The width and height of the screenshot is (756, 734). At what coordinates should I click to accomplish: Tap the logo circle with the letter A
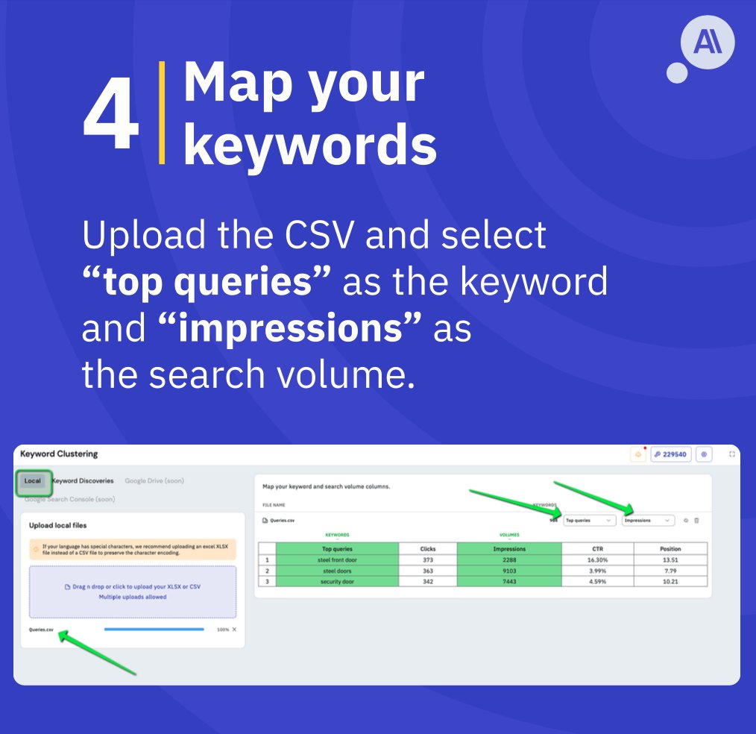tap(708, 43)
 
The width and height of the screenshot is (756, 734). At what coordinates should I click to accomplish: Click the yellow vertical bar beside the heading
tap(162, 113)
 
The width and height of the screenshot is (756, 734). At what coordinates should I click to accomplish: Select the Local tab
tap(33, 481)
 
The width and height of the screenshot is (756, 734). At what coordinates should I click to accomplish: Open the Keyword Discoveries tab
tap(84, 481)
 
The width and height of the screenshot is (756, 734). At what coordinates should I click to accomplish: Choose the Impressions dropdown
tap(647, 520)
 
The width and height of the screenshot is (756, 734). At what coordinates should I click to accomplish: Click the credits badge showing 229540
tap(671, 454)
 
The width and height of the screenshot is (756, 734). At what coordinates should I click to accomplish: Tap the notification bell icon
tap(639, 454)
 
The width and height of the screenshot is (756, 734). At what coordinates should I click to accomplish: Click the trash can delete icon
tap(696, 520)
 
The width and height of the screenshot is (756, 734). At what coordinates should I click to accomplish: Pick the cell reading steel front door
tap(337, 559)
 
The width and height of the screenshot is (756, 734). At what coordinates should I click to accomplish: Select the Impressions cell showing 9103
tap(508, 571)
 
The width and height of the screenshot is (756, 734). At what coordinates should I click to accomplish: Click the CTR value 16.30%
tap(597, 559)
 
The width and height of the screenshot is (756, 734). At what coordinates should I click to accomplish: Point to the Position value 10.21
tap(670, 581)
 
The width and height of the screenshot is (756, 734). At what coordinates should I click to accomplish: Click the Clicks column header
tap(427, 548)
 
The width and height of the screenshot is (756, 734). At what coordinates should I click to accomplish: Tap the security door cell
tap(337, 581)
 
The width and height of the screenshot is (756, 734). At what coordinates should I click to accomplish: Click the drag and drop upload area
tap(133, 592)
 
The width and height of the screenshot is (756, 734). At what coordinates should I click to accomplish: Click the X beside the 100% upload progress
tap(234, 630)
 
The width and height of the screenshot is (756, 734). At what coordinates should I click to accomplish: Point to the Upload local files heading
tap(58, 525)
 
